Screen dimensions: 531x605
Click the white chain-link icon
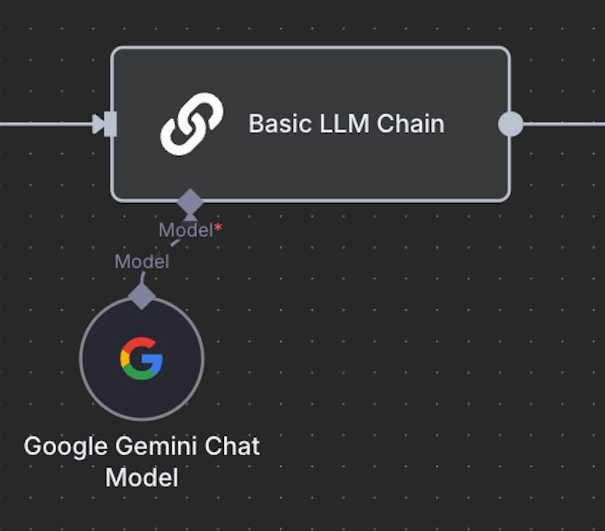192,124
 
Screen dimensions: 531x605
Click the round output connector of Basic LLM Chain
510,124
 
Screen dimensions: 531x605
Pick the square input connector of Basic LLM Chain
111,124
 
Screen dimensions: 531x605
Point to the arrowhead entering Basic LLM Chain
97,124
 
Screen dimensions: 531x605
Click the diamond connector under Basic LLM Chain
190,201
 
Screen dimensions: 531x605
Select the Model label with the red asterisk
186,230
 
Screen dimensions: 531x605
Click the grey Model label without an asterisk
142,262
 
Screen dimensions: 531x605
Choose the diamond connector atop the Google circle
142,296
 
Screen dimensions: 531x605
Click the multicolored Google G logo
142,358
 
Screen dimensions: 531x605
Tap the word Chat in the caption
233,446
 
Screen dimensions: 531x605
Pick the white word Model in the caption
142,477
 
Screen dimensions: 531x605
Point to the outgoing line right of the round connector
563,124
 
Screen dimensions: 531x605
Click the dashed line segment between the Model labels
175,243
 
